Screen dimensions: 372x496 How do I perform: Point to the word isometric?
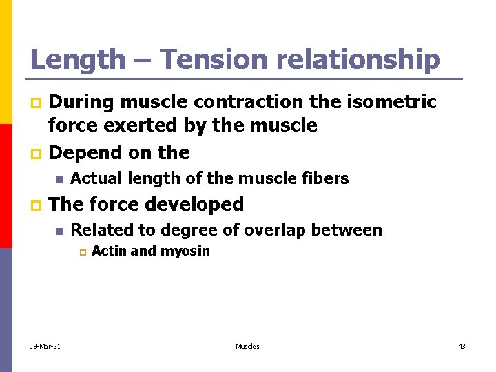coord(393,102)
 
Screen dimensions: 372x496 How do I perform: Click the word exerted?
coord(141,125)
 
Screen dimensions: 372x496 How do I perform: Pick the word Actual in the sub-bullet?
coord(94,178)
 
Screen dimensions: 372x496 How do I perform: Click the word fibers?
coord(326,178)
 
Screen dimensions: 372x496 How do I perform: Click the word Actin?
coord(109,251)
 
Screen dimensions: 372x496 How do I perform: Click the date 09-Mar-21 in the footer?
coord(45,346)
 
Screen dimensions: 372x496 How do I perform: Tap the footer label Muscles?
coord(247,346)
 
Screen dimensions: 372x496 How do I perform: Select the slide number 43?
coord(462,346)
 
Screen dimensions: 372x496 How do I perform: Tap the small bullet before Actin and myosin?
coord(81,253)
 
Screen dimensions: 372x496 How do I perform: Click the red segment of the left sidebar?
coord(6,186)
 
